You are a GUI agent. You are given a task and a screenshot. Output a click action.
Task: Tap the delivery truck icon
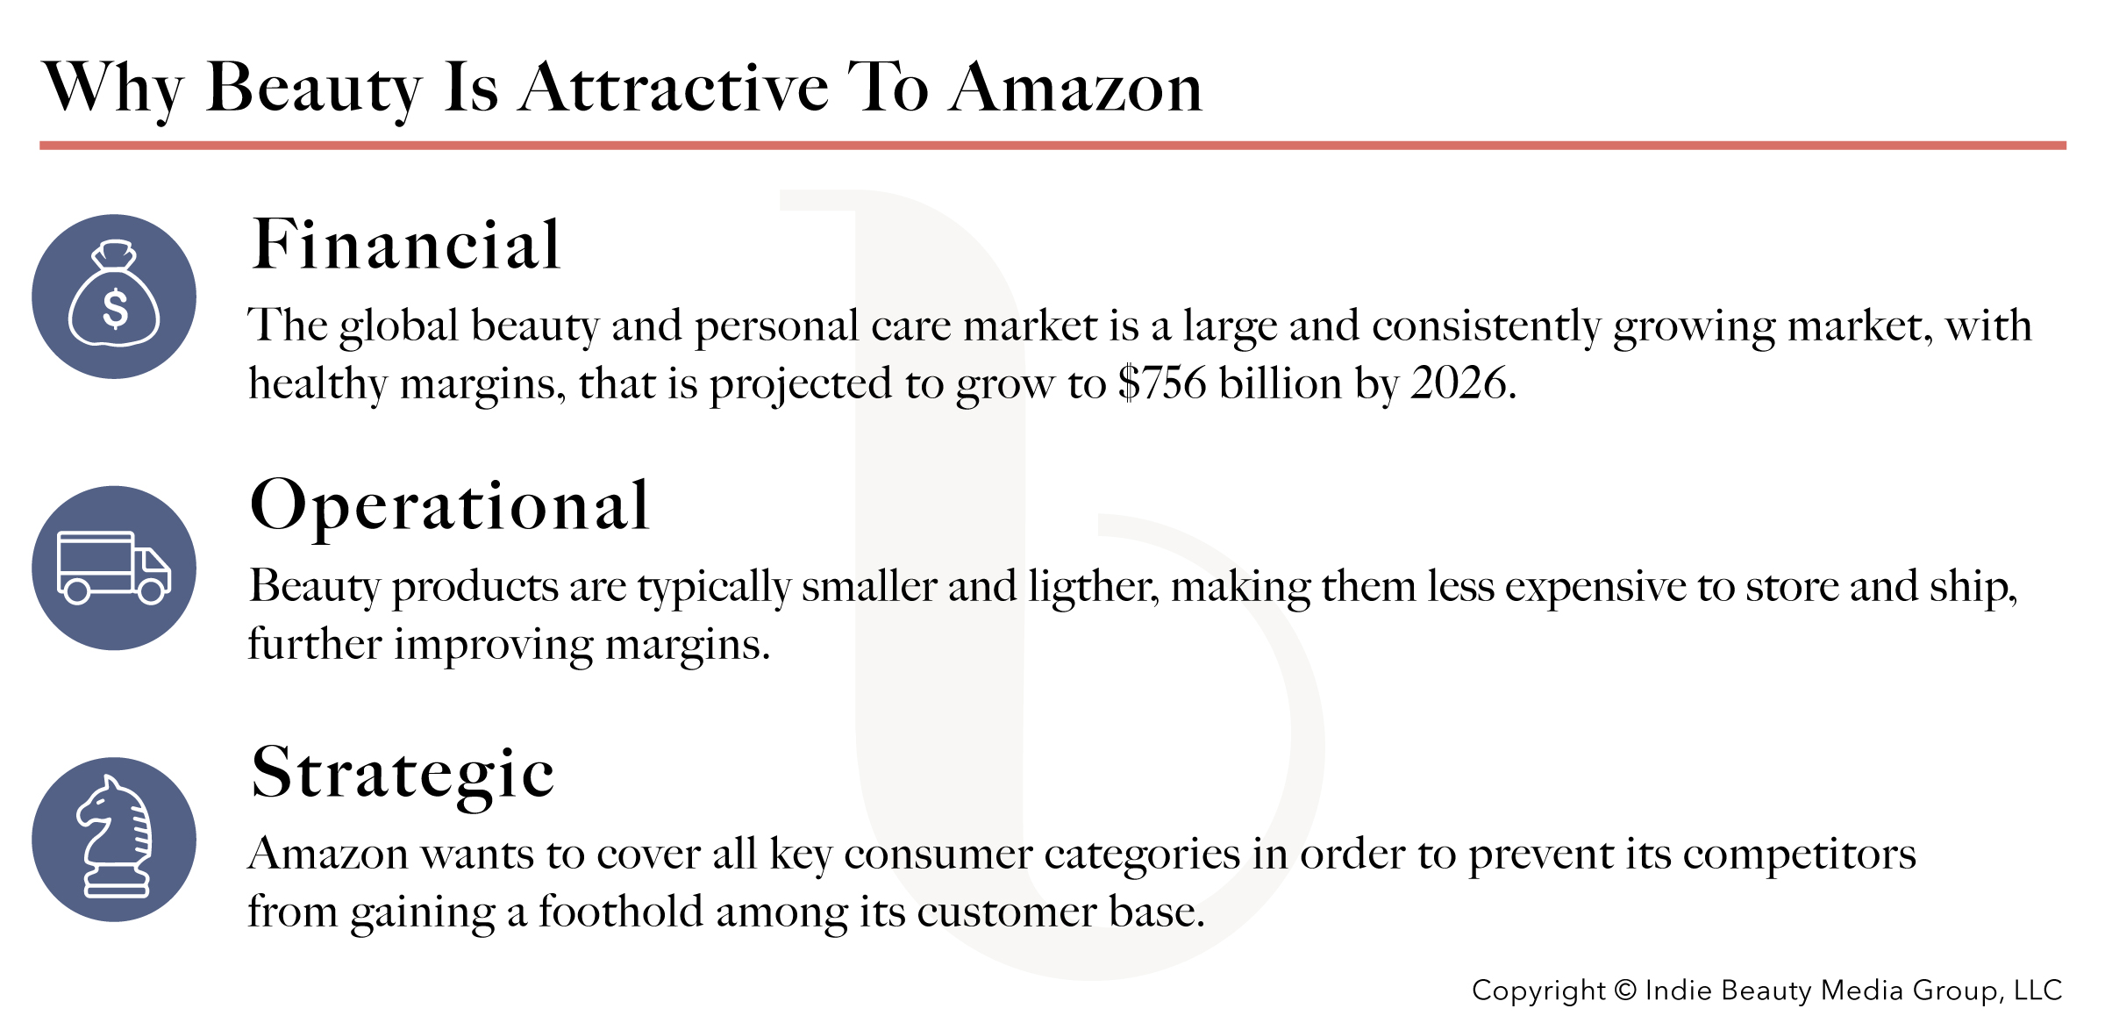(114, 568)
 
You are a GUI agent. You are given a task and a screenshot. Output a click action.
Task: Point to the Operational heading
(449, 507)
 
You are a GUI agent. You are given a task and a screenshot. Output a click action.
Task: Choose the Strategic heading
(403, 774)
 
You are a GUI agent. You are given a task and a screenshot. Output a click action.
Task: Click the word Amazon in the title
(1075, 88)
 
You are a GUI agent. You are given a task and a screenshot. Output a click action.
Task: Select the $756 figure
(1162, 383)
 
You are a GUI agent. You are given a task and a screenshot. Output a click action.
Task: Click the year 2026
(1459, 383)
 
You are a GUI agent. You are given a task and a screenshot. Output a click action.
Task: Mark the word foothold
(620, 911)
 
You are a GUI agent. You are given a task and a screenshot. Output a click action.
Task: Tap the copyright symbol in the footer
(1626, 990)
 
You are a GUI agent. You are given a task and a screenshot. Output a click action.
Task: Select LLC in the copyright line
(2037, 990)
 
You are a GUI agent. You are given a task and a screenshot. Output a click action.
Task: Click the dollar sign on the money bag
(115, 309)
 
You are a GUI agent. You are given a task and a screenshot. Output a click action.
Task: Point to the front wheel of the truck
(152, 592)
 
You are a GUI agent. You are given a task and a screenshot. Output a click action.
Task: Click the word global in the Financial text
(399, 327)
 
